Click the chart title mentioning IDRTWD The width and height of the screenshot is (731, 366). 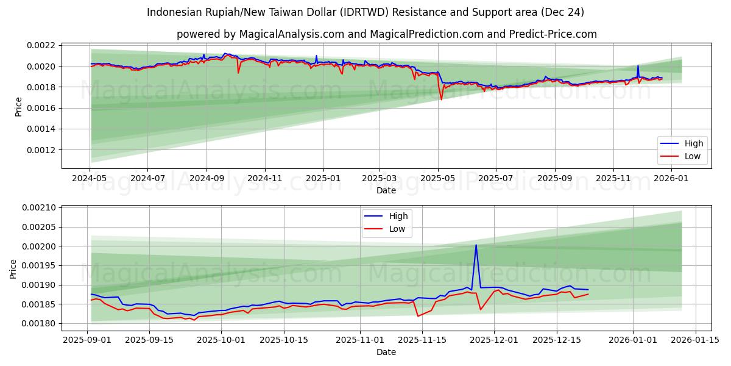point(365,12)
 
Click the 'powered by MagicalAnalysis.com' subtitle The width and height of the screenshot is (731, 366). point(386,34)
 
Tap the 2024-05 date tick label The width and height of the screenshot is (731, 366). point(90,179)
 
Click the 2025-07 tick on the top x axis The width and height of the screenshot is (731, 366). point(495,179)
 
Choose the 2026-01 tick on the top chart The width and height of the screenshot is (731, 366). point(670,179)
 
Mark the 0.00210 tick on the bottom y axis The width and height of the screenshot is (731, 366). point(38,208)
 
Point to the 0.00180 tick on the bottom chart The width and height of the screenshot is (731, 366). point(38,324)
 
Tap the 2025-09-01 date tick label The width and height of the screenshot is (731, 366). point(87,340)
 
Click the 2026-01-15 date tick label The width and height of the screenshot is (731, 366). point(695,340)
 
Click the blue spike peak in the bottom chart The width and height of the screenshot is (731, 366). point(476,245)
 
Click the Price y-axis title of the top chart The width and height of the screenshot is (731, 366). point(18,107)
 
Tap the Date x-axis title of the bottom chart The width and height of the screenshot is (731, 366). point(386,352)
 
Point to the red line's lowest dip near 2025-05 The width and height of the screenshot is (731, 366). point(442,99)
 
